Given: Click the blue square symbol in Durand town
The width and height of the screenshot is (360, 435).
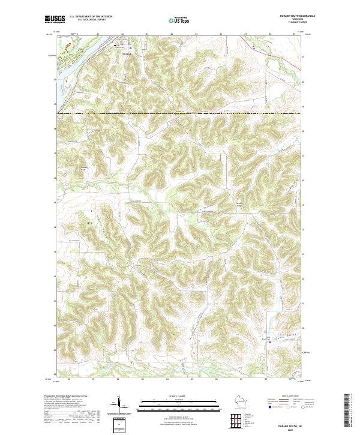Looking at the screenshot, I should [131, 46].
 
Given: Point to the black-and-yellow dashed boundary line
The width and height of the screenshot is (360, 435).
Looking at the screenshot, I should [180, 113].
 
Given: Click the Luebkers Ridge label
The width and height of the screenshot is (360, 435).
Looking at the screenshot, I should [84, 169].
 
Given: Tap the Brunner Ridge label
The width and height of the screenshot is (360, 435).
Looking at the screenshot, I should [239, 205].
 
